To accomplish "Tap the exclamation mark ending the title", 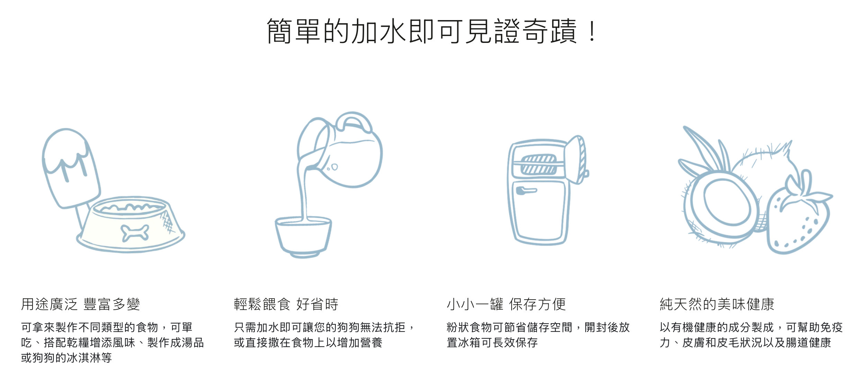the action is click(592, 31).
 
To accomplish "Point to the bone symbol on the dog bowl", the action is click(135, 233).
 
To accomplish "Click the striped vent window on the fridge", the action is click(539, 165).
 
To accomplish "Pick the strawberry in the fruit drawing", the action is click(798, 215).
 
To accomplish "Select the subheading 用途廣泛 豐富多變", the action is click(80, 304).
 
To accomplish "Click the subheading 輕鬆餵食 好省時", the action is click(286, 304).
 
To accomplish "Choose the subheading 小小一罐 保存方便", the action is click(506, 304).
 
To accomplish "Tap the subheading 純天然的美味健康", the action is click(717, 304).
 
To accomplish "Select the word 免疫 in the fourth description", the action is click(831, 327).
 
